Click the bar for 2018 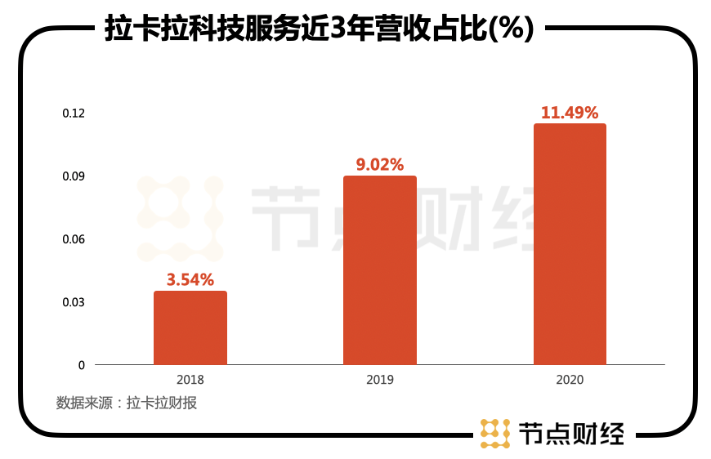click(190, 328)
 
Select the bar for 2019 click(380, 270)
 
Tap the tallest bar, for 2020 click(570, 244)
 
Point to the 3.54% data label click(190, 280)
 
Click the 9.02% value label click(380, 165)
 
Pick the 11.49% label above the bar click(570, 113)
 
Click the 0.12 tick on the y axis click(74, 113)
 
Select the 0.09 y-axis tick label click(74, 176)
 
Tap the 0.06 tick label click(74, 239)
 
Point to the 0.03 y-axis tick click(74, 302)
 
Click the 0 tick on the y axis click(81, 365)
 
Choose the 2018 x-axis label click(190, 381)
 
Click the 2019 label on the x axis click(380, 381)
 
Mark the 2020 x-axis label click(570, 381)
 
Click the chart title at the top click(320, 29)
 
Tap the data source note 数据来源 click(126, 403)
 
